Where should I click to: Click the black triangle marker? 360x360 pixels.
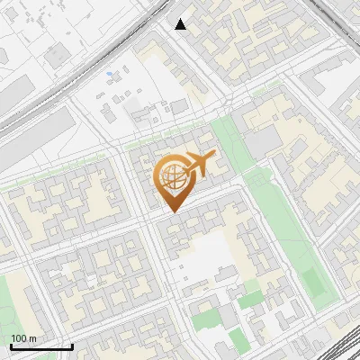point(180,24)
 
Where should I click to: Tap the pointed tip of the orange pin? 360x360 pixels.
point(171,211)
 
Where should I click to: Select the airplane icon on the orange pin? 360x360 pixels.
point(197,164)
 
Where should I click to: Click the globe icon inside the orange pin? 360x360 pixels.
point(171,177)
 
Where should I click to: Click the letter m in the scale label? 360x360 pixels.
point(33,338)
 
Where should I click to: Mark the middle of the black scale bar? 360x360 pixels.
point(41,346)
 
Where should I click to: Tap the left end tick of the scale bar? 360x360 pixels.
point(11,346)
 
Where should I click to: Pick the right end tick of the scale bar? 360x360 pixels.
point(72,346)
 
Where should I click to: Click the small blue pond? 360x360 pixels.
point(109,74)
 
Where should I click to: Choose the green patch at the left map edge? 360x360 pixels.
point(7,297)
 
